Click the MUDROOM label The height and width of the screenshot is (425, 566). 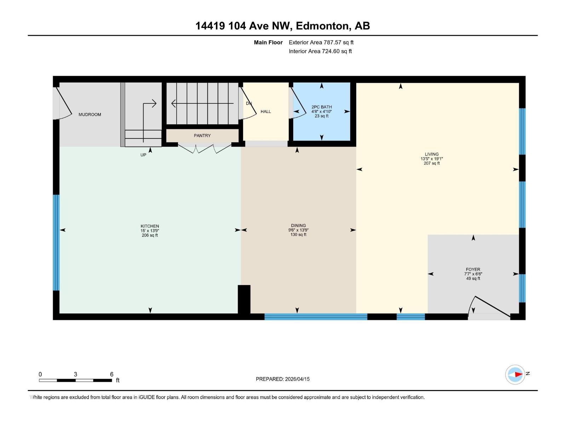click(x=89, y=114)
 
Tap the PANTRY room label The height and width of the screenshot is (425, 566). click(x=202, y=136)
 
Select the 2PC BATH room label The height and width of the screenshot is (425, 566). click(x=322, y=107)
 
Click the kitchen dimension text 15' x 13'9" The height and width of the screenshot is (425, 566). click(x=150, y=231)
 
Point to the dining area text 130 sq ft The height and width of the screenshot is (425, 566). click(x=298, y=235)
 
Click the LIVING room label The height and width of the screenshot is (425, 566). click(x=432, y=154)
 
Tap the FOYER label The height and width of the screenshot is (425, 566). click(x=473, y=269)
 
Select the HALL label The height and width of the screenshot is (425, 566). click(x=266, y=112)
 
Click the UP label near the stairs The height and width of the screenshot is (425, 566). click(x=143, y=155)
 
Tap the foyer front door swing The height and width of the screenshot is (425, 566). click(x=490, y=306)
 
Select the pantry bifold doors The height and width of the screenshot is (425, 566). click(x=204, y=149)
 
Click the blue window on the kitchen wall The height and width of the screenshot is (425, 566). click(x=56, y=243)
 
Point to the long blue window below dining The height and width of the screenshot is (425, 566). click(x=316, y=317)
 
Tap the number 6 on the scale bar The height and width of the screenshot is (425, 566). click(x=112, y=374)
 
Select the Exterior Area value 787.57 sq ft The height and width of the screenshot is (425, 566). click(x=339, y=42)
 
